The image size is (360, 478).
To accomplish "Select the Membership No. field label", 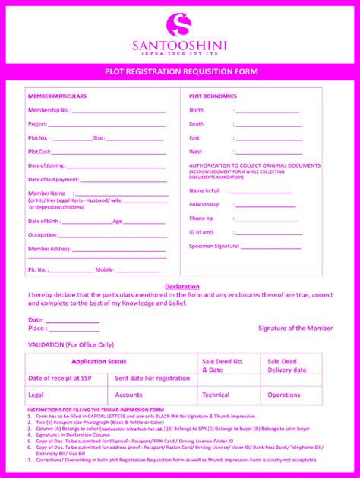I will pyautogui.click(x=49, y=110).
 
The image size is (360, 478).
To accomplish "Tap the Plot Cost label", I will pyautogui.click(x=39, y=152).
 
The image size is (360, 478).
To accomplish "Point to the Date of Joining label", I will pyautogui.click(x=46, y=165).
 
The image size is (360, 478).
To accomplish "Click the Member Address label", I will pyautogui.click(x=49, y=249).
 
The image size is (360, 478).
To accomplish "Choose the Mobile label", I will pyautogui.click(x=105, y=269).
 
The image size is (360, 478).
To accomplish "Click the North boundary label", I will pyautogui.click(x=196, y=110).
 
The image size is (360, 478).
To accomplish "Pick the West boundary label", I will pyautogui.click(x=195, y=152).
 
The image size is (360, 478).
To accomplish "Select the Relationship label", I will pyautogui.click(x=204, y=204).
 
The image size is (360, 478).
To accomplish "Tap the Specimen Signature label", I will pyautogui.click(x=213, y=246).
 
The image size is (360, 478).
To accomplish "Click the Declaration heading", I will pyautogui.click(x=182, y=286).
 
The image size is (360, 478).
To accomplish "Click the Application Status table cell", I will pyautogui.click(x=99, y=362).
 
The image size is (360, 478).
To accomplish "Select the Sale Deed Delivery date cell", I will pyautogui.click(x=286, y=366).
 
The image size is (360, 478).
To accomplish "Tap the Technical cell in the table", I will pyautogui.click(x=216, y=395).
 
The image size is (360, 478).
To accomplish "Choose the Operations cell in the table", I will pyautogui.click(x=284, y=395).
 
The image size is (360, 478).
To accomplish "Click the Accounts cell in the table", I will pyautogui.click(x=129, y=395).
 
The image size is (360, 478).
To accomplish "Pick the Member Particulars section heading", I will pyautogui.click(x=58, y=96).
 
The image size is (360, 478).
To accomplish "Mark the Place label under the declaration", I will pyautogui.click(x=36, y=329).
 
